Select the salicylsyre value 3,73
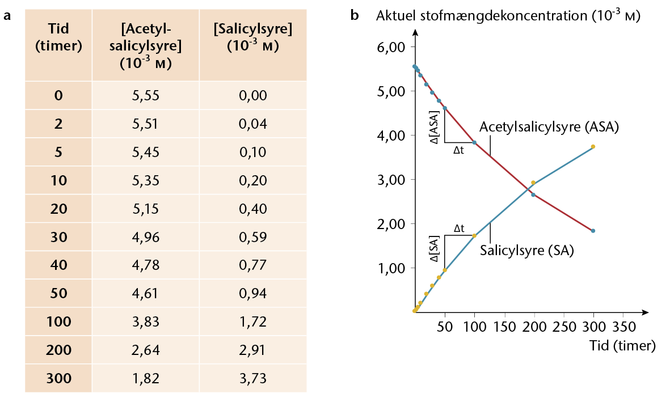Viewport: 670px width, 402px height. click(x=252, y=378)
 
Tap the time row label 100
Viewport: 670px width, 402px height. click(x=58, y=321)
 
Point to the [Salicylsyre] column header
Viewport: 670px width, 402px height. click(x=252, y=37)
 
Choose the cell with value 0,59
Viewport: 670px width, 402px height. click(x=252, y=237)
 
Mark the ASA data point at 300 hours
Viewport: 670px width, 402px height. click(x=593, y=231)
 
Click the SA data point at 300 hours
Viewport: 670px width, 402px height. click(x=593, y=146)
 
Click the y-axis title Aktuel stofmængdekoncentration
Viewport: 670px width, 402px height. click(x=508, y=16)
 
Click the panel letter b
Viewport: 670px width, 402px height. click(x=355, y=16)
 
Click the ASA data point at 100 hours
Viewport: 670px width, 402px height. click(x=474, y=142)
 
